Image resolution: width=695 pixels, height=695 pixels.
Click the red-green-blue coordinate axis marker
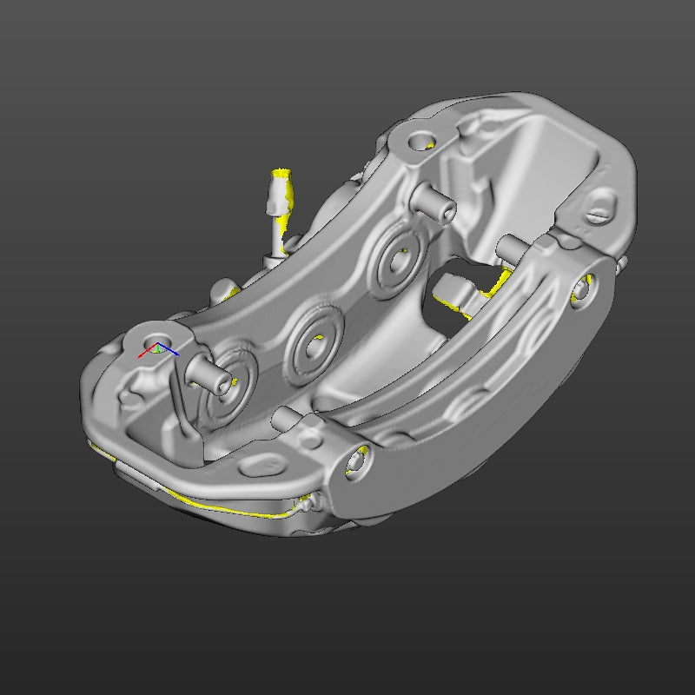pyautogui.click(x=156, y=350)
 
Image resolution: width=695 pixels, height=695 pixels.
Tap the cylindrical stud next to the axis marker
pyautogui.click(x=208, y=374)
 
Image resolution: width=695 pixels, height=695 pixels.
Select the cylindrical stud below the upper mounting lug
pyautogui.click(x=432, y=202)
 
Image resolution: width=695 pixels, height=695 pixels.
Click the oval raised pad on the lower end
pyautogui.click(x=261, y=467)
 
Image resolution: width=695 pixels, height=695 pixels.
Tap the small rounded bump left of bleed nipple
pyautogui.click(x=223, y=289)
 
